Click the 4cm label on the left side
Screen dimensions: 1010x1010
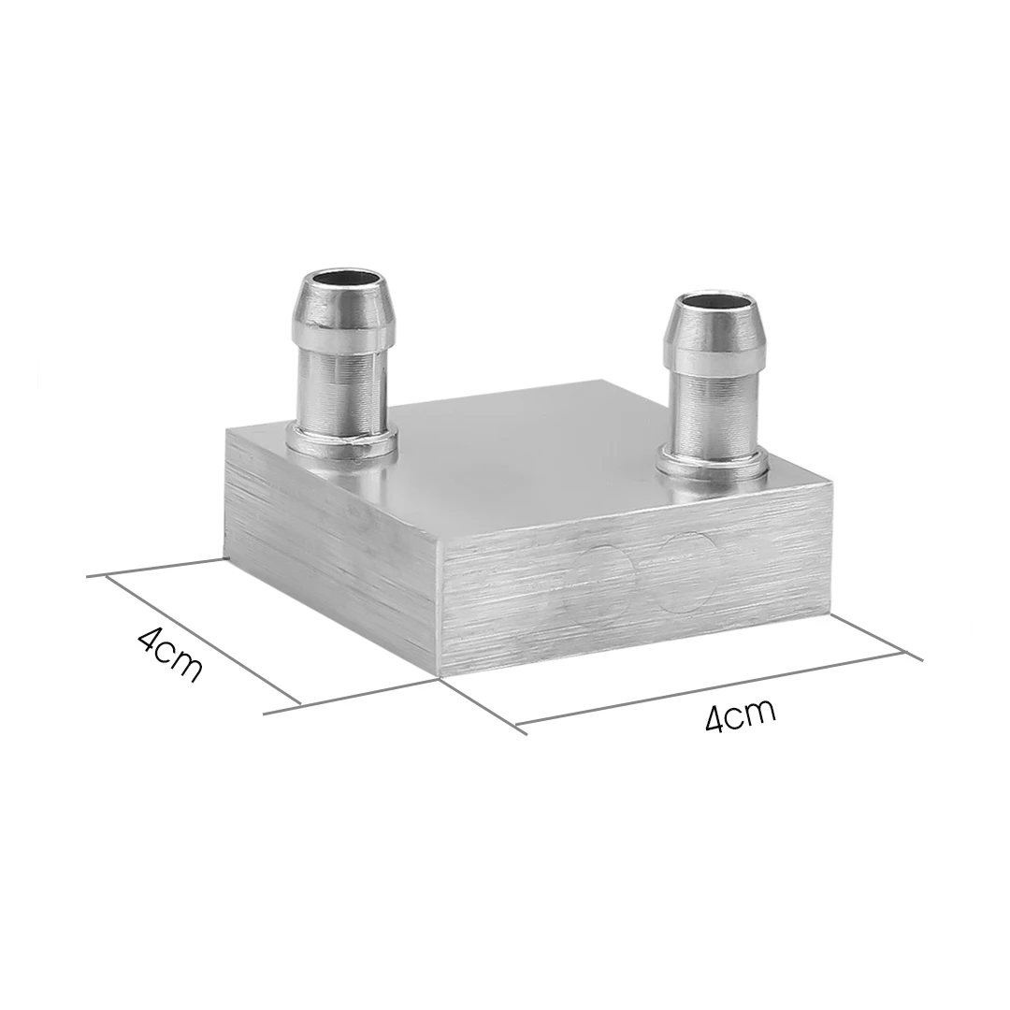pos(169,654)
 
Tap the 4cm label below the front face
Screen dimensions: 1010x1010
pos(740,715)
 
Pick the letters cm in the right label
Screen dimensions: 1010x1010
pos(756,712)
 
